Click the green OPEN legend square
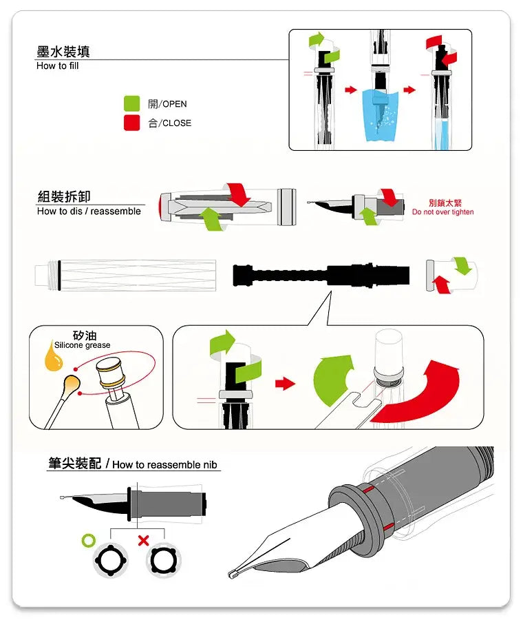[131, 103]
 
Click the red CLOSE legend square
[131, 123]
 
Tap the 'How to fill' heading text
[57, 66]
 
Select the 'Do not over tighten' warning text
[442, 212]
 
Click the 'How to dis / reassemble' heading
[89, 211]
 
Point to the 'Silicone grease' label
[82, 345]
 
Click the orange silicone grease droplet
[53, 356]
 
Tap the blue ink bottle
[381, 115]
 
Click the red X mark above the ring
[143, 540]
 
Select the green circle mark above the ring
[89, 540]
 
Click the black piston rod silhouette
[321, 275]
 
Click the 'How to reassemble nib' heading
[164, 464]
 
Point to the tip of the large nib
[231, 575]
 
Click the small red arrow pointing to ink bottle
[350, 90]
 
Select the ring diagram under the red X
[163, 560]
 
